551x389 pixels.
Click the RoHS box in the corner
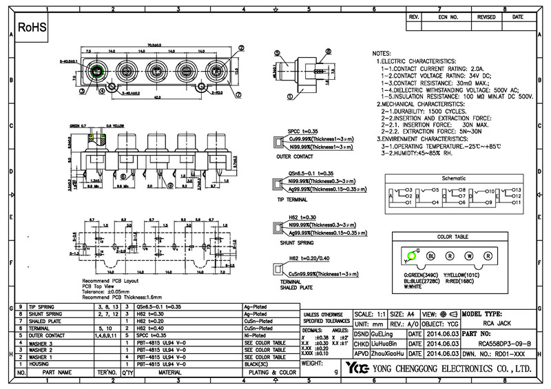[32, 28]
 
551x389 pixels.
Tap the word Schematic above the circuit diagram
[453, 178]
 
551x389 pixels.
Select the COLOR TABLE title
[451, 238]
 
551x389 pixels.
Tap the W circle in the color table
[470, 255]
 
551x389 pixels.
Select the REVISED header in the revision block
[486, 17]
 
